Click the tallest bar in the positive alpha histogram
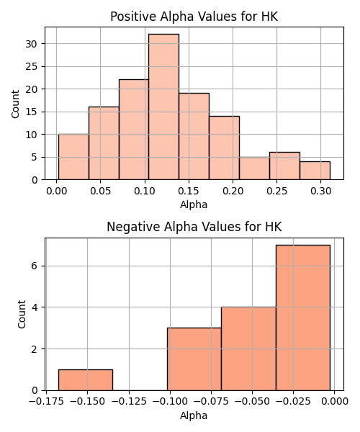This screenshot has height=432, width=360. tap(163, 107)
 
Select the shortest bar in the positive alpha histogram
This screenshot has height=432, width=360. tap(315, 171)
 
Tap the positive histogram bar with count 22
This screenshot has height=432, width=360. tap(134, 130)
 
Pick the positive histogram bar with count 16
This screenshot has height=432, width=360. tap(104, 143)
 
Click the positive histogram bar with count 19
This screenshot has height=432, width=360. tap(194, 136)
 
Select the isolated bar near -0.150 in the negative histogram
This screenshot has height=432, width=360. tap(86, 380)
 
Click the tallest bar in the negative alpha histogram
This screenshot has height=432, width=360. tap(303, 318)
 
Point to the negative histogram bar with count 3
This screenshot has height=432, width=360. tap(194, 359)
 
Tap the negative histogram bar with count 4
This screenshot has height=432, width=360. tap(248, 348)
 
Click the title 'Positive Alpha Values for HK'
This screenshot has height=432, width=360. tap(194, 17)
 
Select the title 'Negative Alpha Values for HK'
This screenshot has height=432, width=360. tap(194, 227)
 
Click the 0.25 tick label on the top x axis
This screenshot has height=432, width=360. tap(276, 191)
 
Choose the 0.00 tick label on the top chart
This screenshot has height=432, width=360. tap(56, 191)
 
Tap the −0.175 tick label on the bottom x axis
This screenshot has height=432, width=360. tap(46, 402)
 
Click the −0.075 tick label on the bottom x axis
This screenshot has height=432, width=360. tap(211, 402)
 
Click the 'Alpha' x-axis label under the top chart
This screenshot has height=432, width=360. tap(194, 204)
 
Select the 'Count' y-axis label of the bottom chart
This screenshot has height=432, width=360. tap(22, 314)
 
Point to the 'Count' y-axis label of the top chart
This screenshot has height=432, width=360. tap(15, 104)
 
